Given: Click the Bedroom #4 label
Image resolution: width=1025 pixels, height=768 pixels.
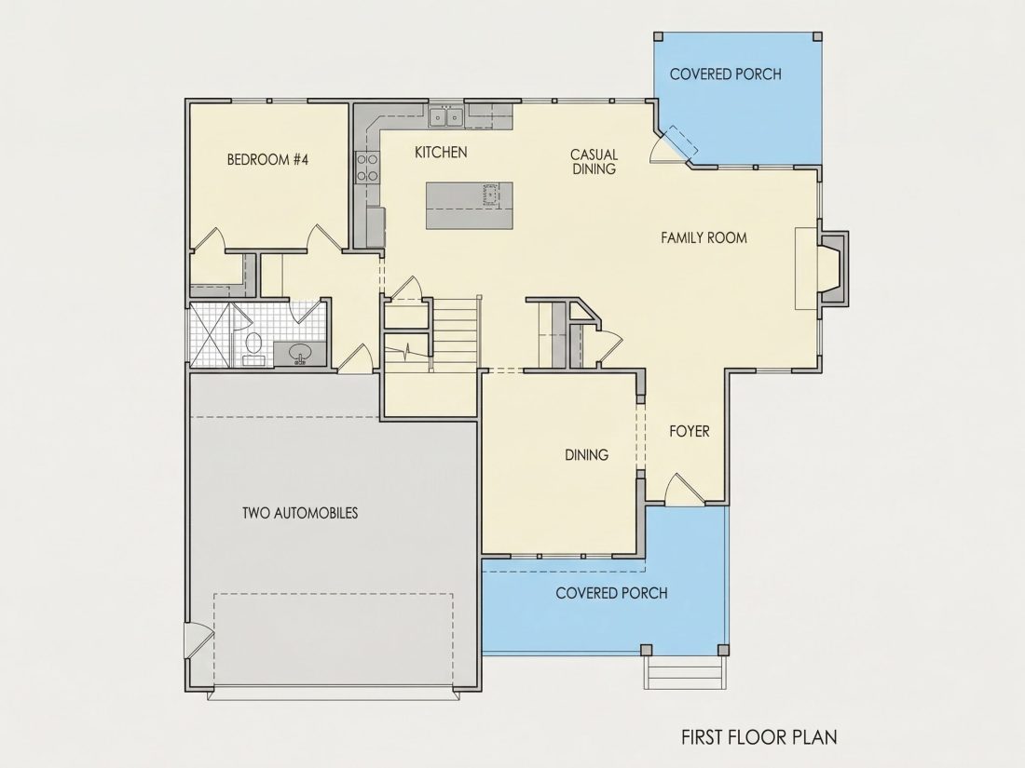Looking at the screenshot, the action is pyautogui.click(x=267, y=159).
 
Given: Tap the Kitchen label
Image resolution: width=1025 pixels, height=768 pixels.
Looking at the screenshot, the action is pyautogui.click(x=442, y=152).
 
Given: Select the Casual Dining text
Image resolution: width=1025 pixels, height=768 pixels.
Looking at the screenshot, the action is pyautogui.click(x=594, y=161).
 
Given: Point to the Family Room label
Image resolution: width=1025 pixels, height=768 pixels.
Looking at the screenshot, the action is pyautogui.click(x=704, y=237).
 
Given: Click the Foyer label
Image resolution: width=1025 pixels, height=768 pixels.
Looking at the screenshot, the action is pyautogui.click(x=689, y=431).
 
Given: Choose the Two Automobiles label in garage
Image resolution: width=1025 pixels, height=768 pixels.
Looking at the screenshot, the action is pyautogui.click(x=300, y=513).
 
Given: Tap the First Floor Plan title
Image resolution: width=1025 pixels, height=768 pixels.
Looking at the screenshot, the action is pyautogui.click(x=758, y=737).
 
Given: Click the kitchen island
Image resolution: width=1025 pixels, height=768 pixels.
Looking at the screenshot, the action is pyautogui.click(x=469, y=206).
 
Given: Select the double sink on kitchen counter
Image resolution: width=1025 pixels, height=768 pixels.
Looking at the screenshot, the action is pyautogui.click(x=445, y=117).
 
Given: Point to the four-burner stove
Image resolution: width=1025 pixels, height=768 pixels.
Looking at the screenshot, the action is pyautogui.click(x=367, y=167).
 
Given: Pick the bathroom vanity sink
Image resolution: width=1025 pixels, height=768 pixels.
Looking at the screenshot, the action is pyautogui.click(x=301, y=354).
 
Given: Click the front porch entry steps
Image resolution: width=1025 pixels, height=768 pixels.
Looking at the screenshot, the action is pyautogui.click(x=685, y=672).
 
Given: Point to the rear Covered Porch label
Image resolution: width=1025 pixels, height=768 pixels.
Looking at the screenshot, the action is pyautogui.click(x=726, y=74).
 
